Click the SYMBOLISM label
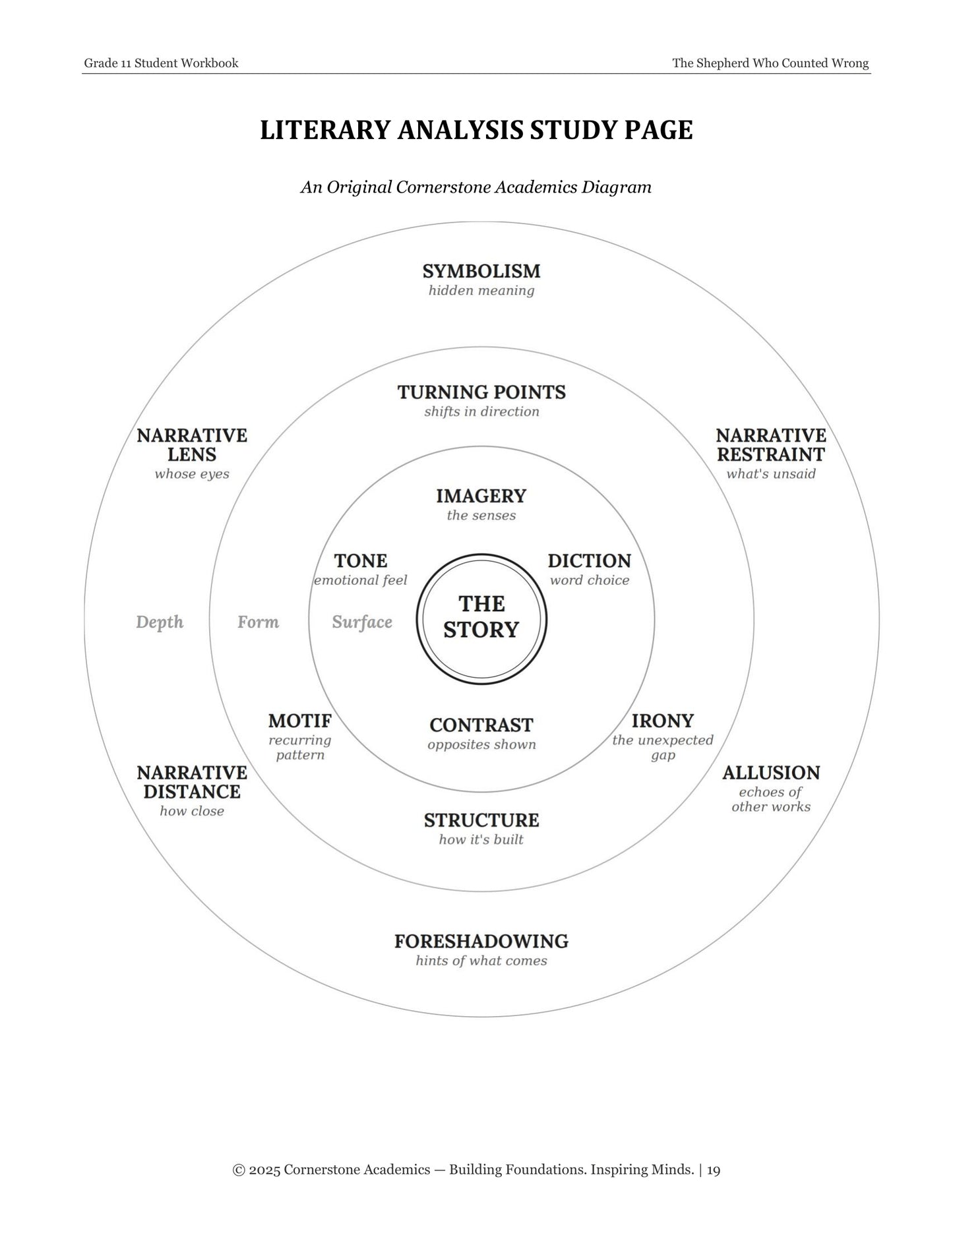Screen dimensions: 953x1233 481,271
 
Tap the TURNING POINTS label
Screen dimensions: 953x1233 481,392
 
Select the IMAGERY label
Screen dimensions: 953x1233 481,496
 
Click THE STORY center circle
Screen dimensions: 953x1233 481,617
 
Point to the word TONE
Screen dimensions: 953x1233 360,561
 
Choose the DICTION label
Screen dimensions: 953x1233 590,561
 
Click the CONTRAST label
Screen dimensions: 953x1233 481,725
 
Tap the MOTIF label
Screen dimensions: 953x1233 300,721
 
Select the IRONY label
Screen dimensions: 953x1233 663,721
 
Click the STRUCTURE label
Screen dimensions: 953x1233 481,821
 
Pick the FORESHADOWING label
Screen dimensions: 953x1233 481,942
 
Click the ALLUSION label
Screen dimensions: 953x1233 771,773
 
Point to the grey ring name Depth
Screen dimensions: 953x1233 160,622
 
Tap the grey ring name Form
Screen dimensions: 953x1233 258,622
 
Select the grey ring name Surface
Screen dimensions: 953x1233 362,622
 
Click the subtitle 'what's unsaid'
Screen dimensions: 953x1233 771,474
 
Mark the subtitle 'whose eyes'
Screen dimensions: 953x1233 192,475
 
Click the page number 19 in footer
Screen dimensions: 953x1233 714,1170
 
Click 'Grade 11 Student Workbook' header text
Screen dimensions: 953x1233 161,63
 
